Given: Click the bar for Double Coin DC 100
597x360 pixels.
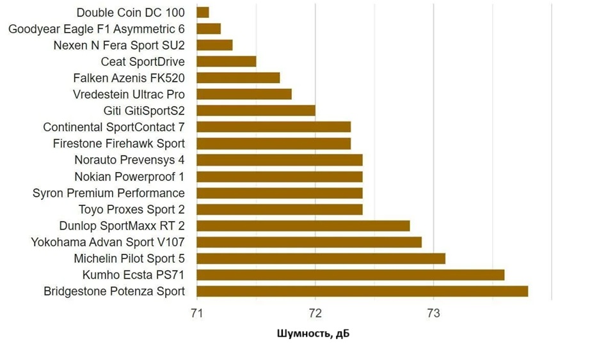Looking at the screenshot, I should click(203, 12).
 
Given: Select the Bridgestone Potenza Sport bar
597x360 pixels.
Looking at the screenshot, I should click(362, 291).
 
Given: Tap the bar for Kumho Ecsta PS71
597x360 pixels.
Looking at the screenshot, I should click(350, 275).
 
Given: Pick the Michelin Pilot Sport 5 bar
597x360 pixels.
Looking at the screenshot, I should click(321, 258).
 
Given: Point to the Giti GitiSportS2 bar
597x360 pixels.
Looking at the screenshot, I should click(256, 111).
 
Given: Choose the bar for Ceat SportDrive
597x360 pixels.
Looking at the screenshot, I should click(227, 61).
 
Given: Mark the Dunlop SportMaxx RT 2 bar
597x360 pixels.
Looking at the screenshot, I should click(303, 226).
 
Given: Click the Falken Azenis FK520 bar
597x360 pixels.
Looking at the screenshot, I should click(238, 78).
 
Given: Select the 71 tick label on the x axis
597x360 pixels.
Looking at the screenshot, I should click(196, 314).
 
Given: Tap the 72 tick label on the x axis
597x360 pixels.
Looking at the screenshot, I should click(315, 314).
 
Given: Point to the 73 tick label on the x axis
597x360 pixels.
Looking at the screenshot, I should click(433, 314).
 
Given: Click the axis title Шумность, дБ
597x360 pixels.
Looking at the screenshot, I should click(314, 334).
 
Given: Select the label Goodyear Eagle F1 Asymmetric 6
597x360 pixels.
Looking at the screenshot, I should click(97, 29).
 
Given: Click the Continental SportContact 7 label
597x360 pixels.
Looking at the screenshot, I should click(114, 127).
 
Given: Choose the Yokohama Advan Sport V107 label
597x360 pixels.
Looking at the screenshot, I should click(108, 242).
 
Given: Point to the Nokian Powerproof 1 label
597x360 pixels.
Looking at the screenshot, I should click(129, 176).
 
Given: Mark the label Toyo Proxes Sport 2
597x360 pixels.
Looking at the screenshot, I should click(132, 209).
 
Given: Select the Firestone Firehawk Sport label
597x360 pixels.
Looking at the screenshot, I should click(119, 143).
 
